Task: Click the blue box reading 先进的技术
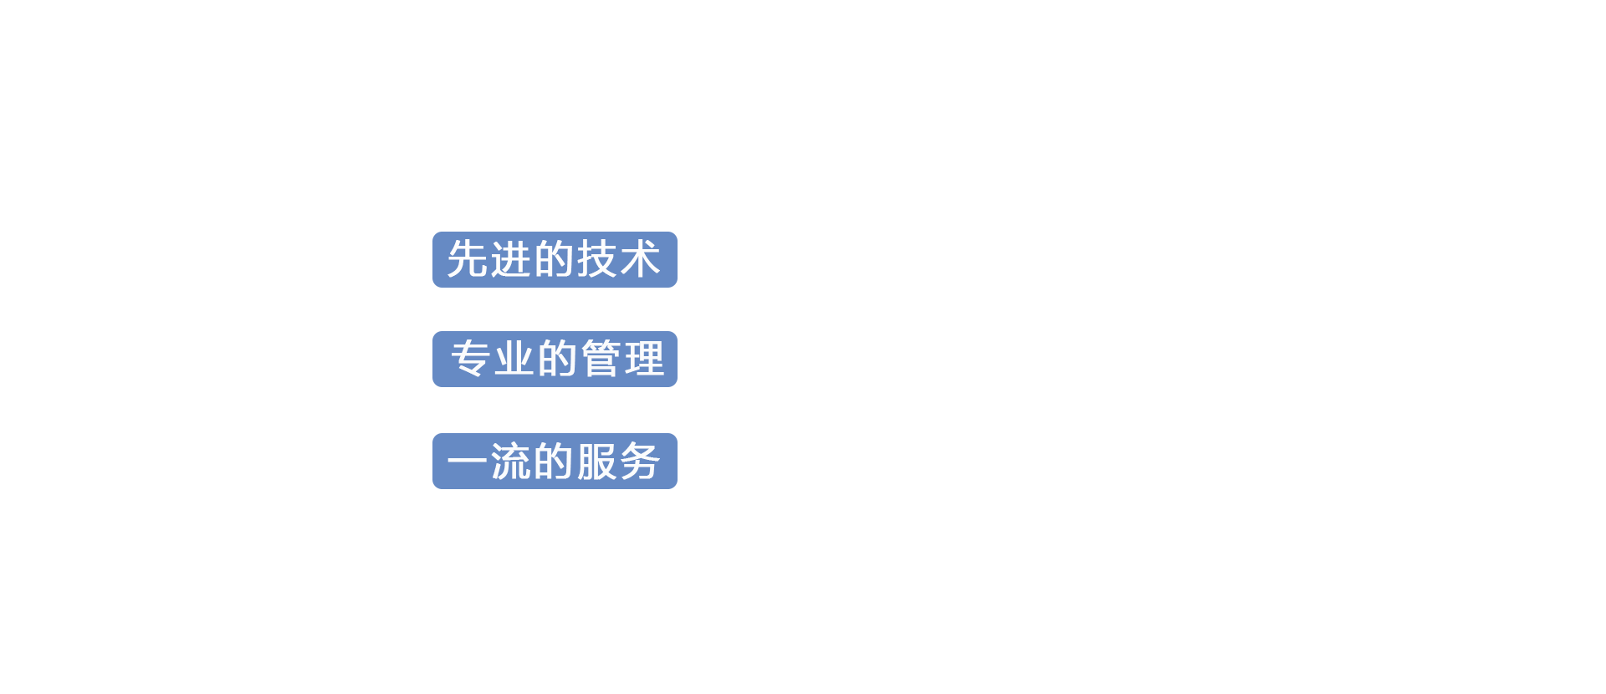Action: (x=555, y=259)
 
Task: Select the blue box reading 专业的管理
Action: (x=555, y=359)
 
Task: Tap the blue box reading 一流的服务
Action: (x=555, y=461)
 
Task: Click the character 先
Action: (x=468, y=259)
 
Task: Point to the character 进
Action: (x=511, y=259)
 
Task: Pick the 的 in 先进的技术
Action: (x=554, y=259)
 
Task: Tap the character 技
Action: (x=597, y=259)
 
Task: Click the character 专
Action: (x=471, y=359)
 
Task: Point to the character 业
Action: (x=514, y=359)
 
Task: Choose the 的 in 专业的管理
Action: (x=557, y=359)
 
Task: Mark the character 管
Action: (x=601, y=359)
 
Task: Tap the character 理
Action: (x=644, y=359)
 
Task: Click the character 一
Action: (x=468, y=462)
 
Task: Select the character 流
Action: (x=511, y=462)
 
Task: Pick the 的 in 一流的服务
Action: (x=554, y=462)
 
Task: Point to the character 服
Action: (x=597, y=462)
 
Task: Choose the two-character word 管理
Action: (x=622, y=359)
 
